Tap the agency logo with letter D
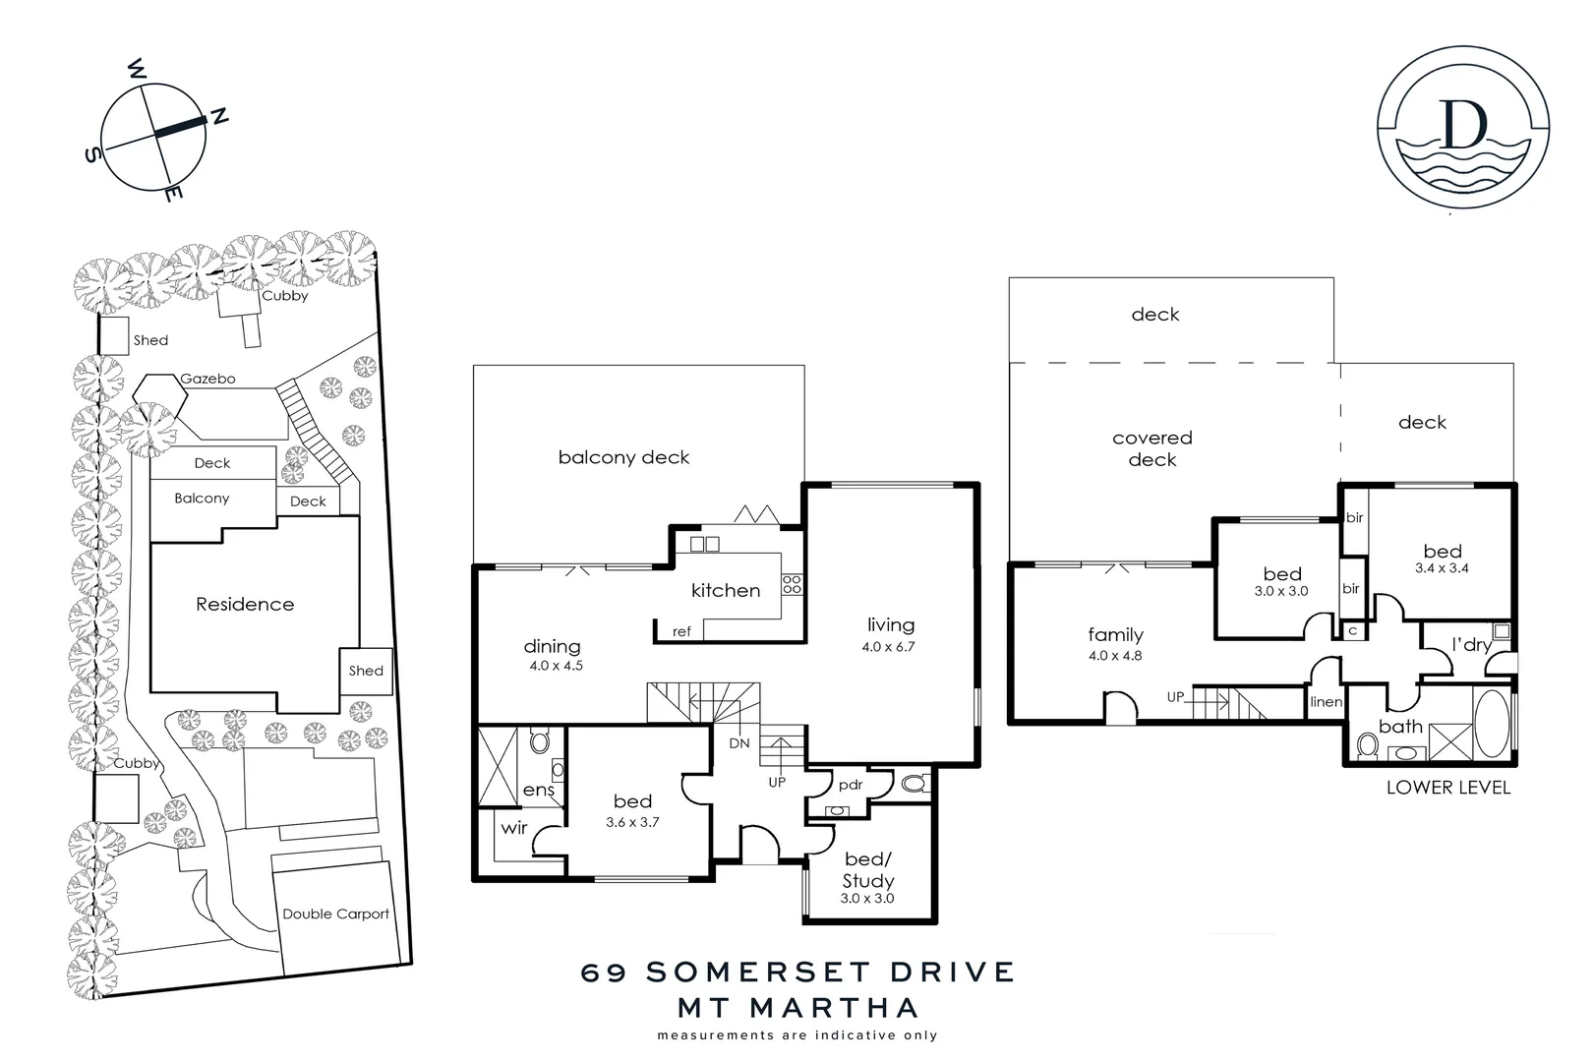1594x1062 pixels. pyautogui.click(x=1464, y=129)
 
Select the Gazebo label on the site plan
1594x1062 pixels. pyautogui.click(x=207, y=379)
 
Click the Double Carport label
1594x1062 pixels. pyautogui.click(x=336, y=914)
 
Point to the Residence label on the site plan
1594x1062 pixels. pyautogui.click(x=245, y=604)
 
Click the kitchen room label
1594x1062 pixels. pyautogui.click(x=726, y=590)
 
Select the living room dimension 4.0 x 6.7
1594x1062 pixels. pyautogui.click(x=889, y=647)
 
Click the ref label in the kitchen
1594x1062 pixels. pyautogui.click(x=681, y=631)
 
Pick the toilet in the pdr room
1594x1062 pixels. pyautogui.click(x=914, y=784)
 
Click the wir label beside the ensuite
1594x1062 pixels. pyautogui.click(x=514, y=828)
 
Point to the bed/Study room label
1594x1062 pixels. pyautogui.click(x=867, y=870)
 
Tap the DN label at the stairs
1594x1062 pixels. pyautogui.click(x=739, y=743)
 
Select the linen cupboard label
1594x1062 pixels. pyautogui.click(x=1326, y=701)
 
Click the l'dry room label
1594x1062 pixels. pyautogui.click(x=1471, y=645)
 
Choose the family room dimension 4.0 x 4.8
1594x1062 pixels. pyautogui.click(x=1115, y=656)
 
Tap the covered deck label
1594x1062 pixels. pyautogui.click(x=1151, y=448)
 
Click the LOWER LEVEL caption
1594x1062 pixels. pyautogui.click(x=1447, y=787)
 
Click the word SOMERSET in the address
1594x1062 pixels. pyautogui.click(x=745, y=973)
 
